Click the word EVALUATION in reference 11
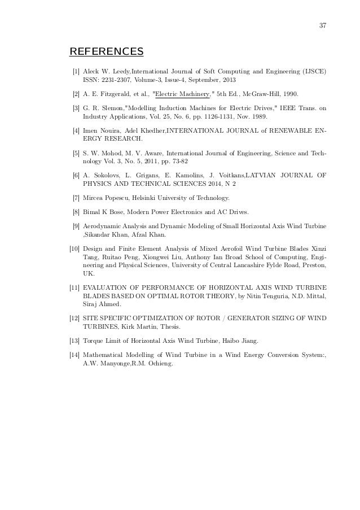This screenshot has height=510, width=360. [107, 287]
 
